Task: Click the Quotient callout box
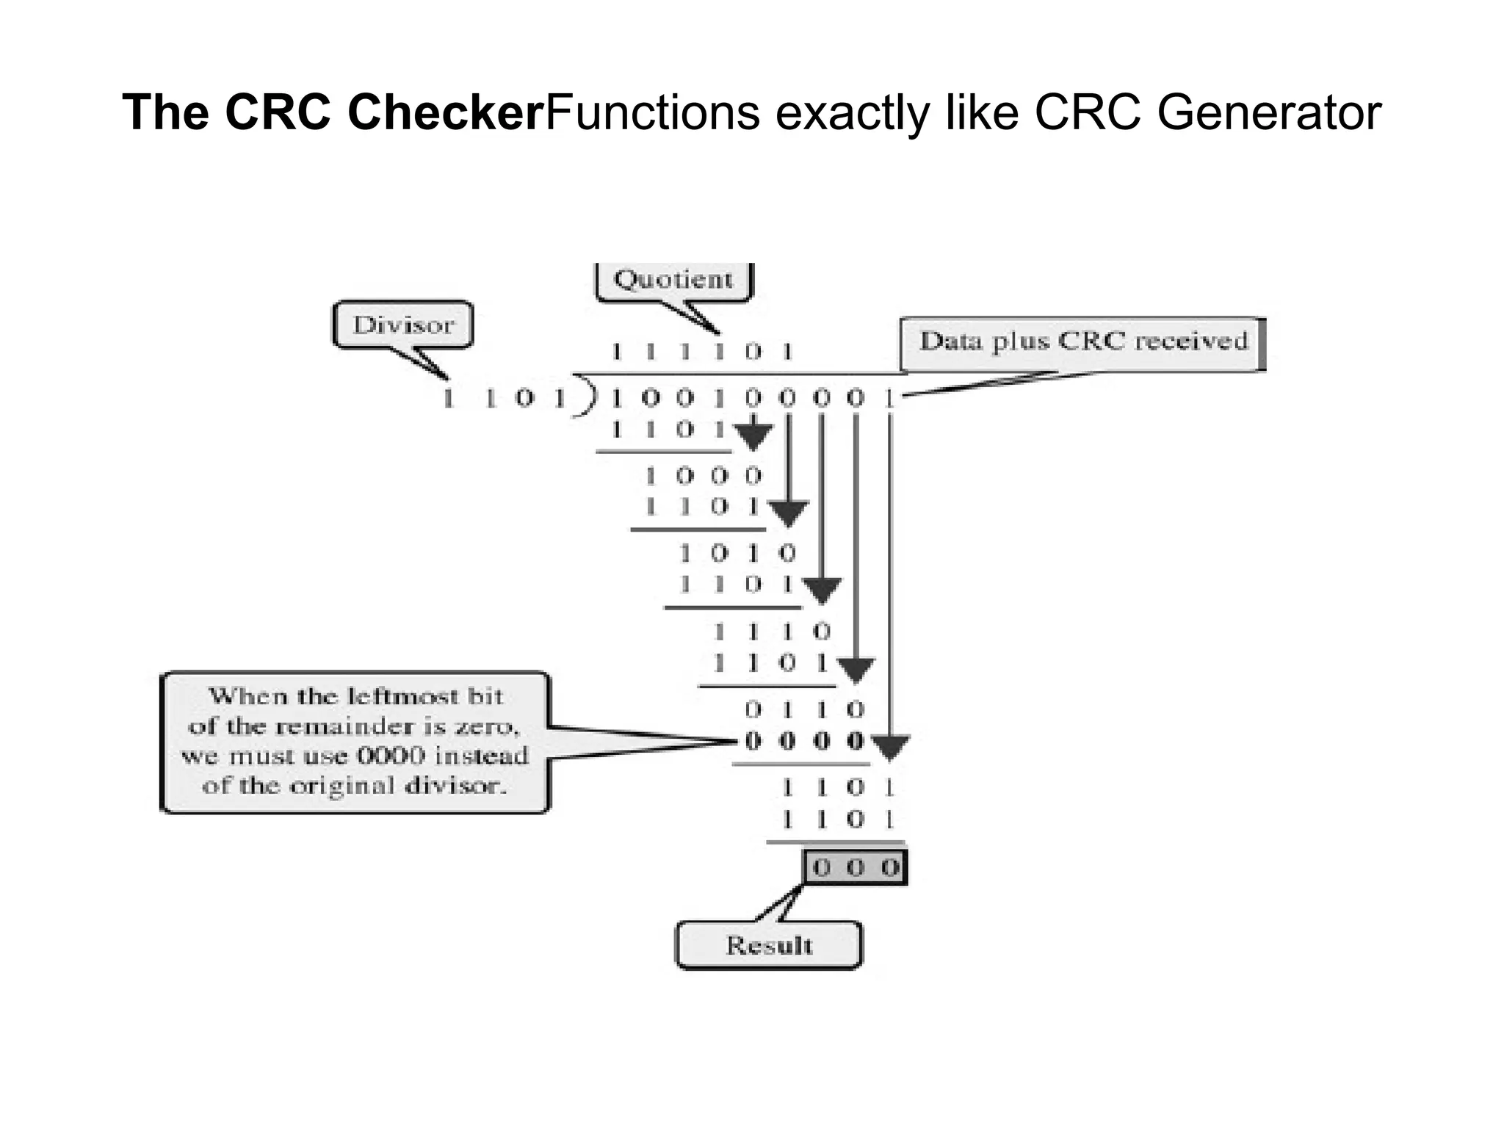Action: (673, 280)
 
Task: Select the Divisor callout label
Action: (403, 325)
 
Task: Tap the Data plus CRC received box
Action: (1082, 342)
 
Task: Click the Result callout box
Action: (768, 945)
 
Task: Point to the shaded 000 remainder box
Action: (856, 867)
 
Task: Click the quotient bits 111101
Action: (702, 352)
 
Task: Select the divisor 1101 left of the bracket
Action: (505, 399)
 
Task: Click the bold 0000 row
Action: (804, 741)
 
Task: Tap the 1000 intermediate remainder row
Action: (703, 476)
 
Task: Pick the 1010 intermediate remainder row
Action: (737, 552)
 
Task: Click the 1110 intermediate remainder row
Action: (771, 632)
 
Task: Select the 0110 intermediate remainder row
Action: (804, 709)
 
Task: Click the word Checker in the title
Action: (446, 112)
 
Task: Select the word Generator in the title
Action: (1268, 112)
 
